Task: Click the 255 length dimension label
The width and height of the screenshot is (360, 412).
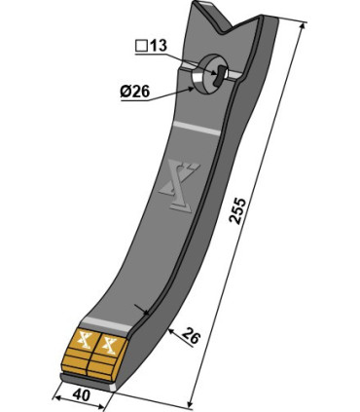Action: (x=237, y=210)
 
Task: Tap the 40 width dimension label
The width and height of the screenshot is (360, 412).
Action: (x=81, y=395)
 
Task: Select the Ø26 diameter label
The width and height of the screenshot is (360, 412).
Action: (x=135, y=92)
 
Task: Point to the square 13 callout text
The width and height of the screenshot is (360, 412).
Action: (x=151, y=46)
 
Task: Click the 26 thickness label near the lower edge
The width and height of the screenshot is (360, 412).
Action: (x=191, y=337)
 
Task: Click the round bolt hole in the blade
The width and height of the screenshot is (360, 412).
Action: (x=210, y=74)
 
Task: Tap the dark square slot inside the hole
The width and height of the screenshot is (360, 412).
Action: (x=220, y=73)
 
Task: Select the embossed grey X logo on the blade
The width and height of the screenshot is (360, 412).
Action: (x=179, y=187)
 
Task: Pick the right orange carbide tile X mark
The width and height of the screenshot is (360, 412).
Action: (x=108, y=345)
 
